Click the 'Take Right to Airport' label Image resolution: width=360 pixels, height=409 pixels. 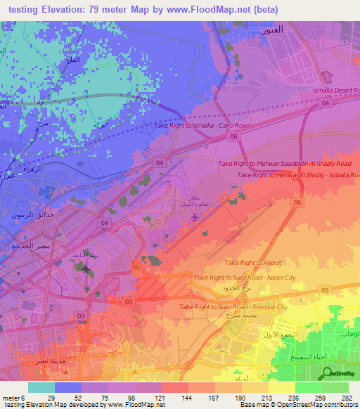(x=252, y=262)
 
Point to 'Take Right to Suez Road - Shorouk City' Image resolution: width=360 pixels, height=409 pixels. (x=233, y=307)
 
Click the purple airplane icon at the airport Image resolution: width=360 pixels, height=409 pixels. (x=194, y=216)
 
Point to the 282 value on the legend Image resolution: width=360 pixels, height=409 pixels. (x=347, y=398)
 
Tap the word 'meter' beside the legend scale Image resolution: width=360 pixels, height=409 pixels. (x=10, y=398)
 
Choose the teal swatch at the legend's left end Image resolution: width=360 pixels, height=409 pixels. (x=41, y=387)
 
